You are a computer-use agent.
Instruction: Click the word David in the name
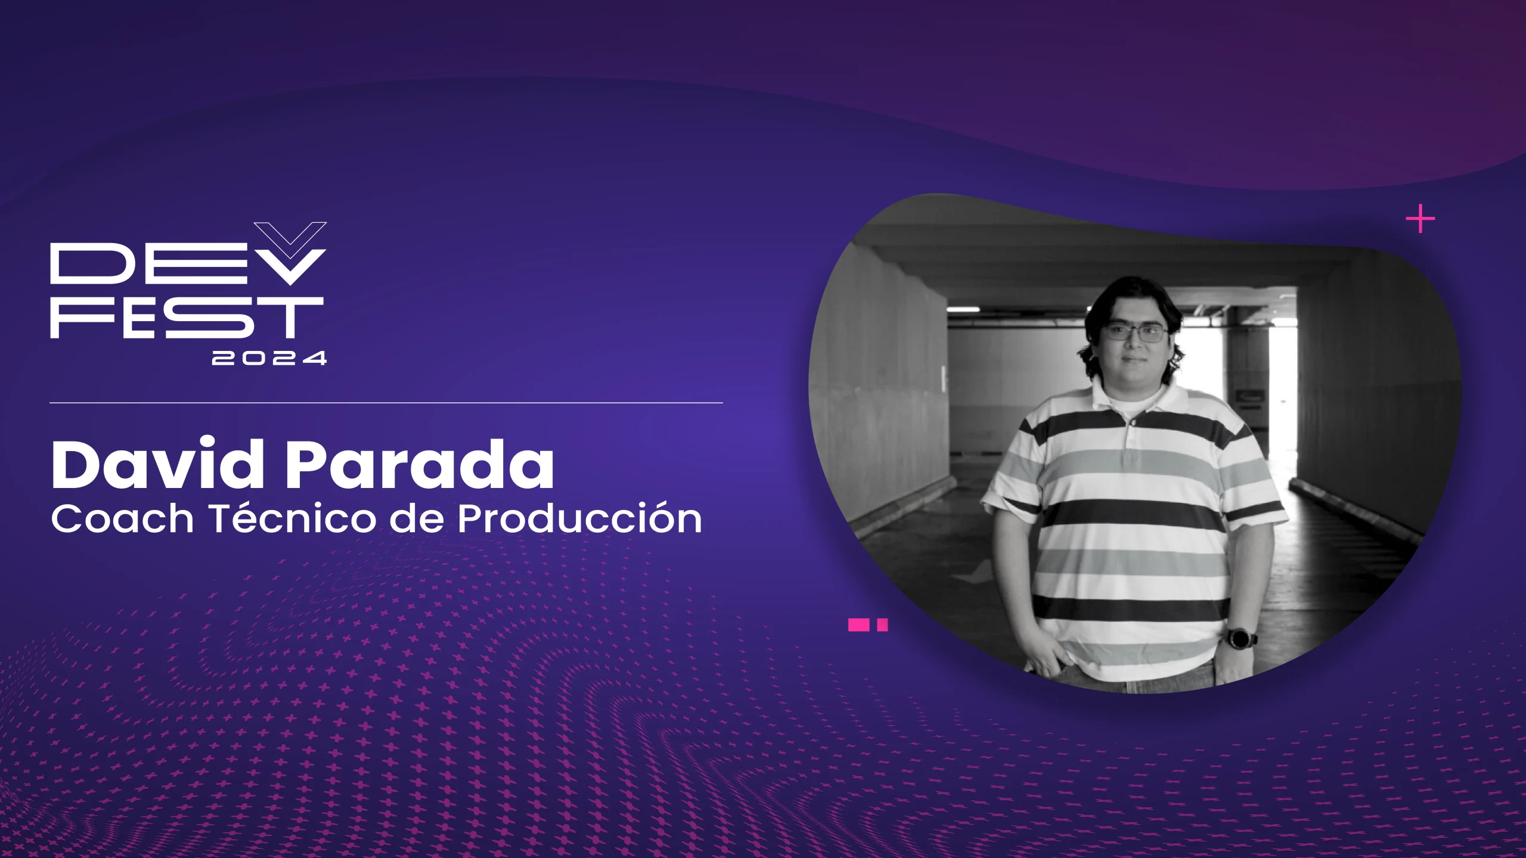pyautogui.click(x=157, y=465)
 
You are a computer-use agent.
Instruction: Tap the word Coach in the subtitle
pyautogui.click(x=122, y=519)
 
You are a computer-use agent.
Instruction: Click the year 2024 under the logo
pyautogui.click(x=269, y=358)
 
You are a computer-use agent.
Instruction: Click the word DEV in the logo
pyautogui.click(x=179, y=265)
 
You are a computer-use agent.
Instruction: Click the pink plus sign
pyautogui.click(x=1420, y=219)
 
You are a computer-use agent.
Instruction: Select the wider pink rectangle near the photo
pyautogui.click(x=859, y=625)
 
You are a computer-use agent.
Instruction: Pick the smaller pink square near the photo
pyautogui.click(x=883, y=625)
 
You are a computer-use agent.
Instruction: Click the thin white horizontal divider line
pyautogui.click(x=386, y=403)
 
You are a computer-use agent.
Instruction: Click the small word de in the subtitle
pyautogui.click(x=416, y=519)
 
